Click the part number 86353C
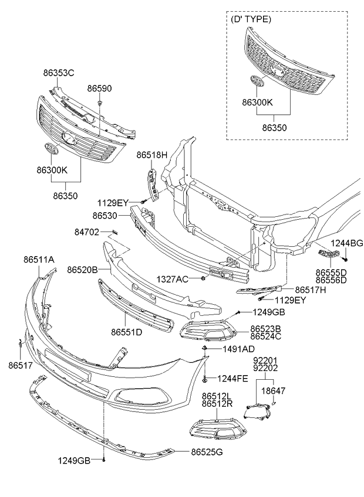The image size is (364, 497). tap(59, 73)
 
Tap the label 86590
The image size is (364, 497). tap(100, 88)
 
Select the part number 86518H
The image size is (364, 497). tap(152, 155)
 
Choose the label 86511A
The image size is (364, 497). tap(39, 258)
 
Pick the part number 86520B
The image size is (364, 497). tap(83, 270)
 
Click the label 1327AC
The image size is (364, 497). tap(173, 279)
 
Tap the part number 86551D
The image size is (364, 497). tap(127, 332)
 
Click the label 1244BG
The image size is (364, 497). tap(346, 243)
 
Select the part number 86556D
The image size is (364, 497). tap(331, 280)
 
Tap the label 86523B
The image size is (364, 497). tap(265, 329)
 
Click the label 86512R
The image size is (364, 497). tap(217, 404)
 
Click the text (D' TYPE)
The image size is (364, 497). tap(252, 19)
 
